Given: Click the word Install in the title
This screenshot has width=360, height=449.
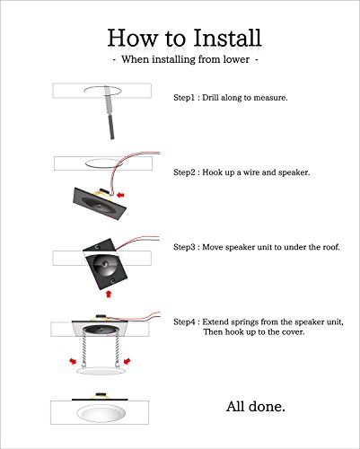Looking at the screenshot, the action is pos(227,38).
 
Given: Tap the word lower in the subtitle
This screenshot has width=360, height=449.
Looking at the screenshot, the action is pos(236,59).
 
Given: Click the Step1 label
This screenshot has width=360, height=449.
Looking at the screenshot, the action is pos(184,98).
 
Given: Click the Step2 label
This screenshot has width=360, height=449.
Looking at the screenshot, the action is pos(184,172).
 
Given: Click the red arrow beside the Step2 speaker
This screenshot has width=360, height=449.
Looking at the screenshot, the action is pos(120,195).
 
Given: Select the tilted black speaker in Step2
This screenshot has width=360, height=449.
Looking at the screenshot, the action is pos(100,204).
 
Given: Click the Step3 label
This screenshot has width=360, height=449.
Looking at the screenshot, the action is pos(184,247).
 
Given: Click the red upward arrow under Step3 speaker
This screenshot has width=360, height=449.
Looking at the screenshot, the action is pos(109,294).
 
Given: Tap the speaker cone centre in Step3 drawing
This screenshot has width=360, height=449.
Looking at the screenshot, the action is pos(104,264).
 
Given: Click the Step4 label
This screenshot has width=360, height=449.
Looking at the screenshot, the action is pos(184,322).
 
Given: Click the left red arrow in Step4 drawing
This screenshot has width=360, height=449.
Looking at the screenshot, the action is pos(73,361).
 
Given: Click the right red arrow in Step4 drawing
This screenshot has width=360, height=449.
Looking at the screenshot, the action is pos(127,361).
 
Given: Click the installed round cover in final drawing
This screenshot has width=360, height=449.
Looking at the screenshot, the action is pos(101,413).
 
